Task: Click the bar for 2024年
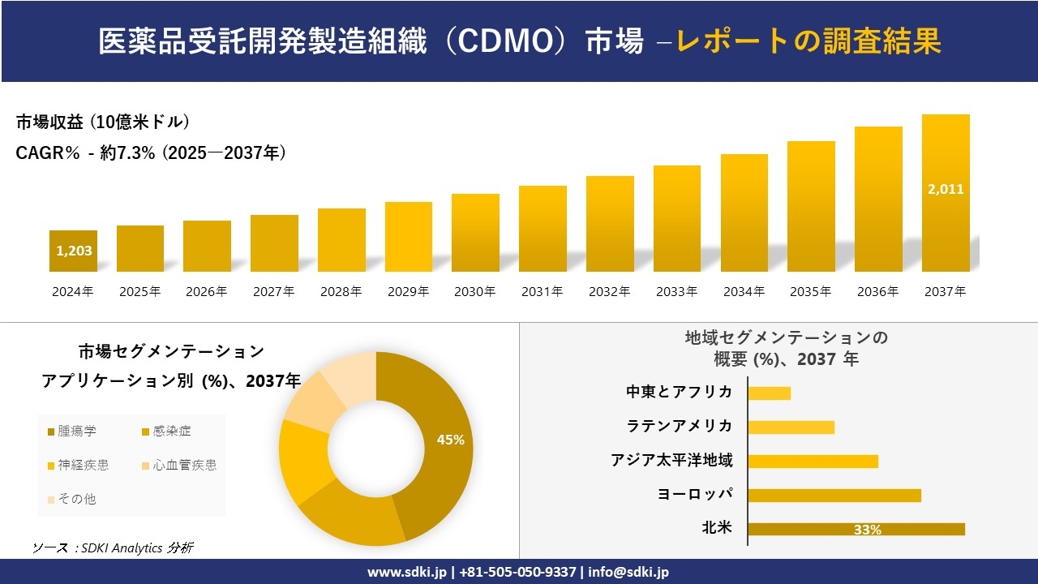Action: (x=73, y=251)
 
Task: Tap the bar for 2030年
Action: (x=475, y=233)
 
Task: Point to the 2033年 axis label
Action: (x=676, y=292)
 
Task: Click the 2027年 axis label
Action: (x=274, y=292)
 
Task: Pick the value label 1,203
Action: (x=74, y=251)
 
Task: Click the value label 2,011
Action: (x=946, y=189)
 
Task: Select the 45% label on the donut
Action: (x=450, y=440)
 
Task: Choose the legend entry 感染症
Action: (x=165, y=432)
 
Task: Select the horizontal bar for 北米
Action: (x=856, y=529)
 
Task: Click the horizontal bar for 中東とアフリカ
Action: (x=769, y=393)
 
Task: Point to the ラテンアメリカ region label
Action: (x=680, y=426)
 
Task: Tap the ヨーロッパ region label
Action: (x=695, y=494)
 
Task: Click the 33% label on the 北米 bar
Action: (x=867, y=530)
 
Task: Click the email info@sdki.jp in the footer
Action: (x=628, y=572)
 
